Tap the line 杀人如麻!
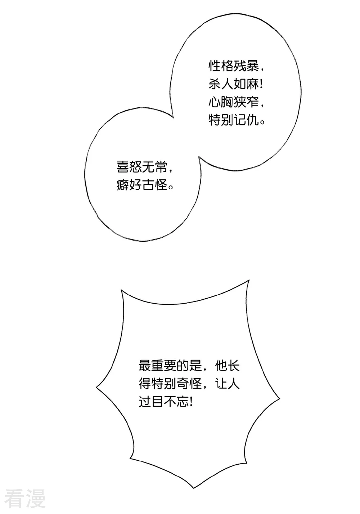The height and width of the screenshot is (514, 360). coord(235,85)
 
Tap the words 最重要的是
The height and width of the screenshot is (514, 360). coord(170,366)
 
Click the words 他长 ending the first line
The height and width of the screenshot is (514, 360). coord(227,366)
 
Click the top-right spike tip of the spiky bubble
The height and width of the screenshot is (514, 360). coord(249,280)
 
